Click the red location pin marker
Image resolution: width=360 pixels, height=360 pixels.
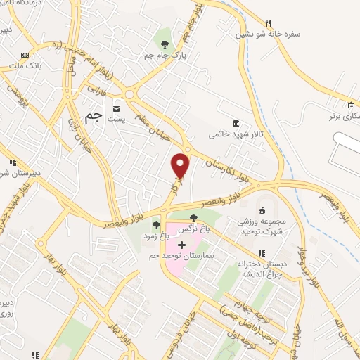[181, 165]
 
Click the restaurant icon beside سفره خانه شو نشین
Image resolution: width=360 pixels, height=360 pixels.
[267, 22]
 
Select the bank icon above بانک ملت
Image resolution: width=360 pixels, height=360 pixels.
[25, 55]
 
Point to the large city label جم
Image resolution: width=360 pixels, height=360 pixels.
[92, 117]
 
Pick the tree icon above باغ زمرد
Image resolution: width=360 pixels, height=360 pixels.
[155, 226]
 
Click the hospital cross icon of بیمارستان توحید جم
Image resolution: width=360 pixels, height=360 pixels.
[182, 245]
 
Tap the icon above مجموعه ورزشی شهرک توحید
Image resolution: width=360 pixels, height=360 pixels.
[262, 210]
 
